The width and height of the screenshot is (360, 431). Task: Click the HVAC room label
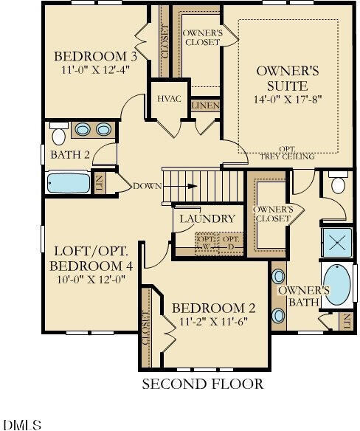point(169,99)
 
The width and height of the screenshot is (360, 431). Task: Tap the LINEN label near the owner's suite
point(206,106)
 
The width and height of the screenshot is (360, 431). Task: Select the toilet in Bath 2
point(58,134)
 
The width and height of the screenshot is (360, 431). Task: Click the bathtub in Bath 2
point(69,182)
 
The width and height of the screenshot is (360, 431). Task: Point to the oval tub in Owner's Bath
point(337,285)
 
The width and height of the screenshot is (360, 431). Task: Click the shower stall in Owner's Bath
point(337,243)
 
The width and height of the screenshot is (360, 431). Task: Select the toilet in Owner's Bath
point(338,182)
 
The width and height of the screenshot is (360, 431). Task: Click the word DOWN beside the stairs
point(148,186)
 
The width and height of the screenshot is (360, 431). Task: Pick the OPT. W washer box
point(206,243)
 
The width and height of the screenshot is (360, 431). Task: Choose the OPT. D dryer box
point(231,243)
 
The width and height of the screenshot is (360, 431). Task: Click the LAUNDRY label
point(207,218)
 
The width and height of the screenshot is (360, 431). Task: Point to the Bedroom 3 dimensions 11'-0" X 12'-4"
point(95,69)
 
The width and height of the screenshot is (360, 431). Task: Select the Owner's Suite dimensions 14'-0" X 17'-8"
point(288,99)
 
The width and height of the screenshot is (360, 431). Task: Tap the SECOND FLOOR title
point(203,384)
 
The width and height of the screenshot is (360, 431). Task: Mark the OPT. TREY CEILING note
point(287,153)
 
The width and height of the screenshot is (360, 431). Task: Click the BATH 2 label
point(70,155)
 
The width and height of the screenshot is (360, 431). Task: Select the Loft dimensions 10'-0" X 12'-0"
point(91,279)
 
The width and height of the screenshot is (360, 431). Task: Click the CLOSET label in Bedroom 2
point(146,328)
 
